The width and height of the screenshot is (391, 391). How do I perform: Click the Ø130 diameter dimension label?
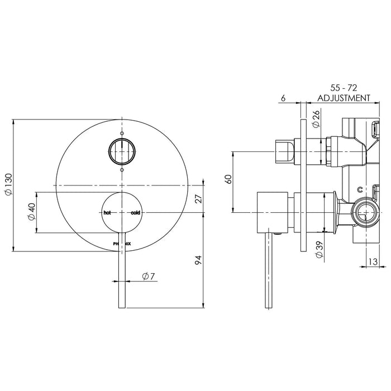pos(8,184)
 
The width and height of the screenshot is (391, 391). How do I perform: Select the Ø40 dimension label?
pos(32,212)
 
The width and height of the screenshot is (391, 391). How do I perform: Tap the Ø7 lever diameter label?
pos(149,276)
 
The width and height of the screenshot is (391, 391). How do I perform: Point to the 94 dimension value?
pos(198,260)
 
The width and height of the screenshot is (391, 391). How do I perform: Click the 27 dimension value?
pos(199,198)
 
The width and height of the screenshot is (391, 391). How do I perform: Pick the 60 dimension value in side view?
pos(228,179)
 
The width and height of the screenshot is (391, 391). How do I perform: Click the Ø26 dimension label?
pos(316,118)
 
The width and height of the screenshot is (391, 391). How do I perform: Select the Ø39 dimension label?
pos(320,250)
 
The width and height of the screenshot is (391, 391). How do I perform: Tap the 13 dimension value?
pos(373,261)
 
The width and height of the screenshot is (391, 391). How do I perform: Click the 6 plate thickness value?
pos(283,98)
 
